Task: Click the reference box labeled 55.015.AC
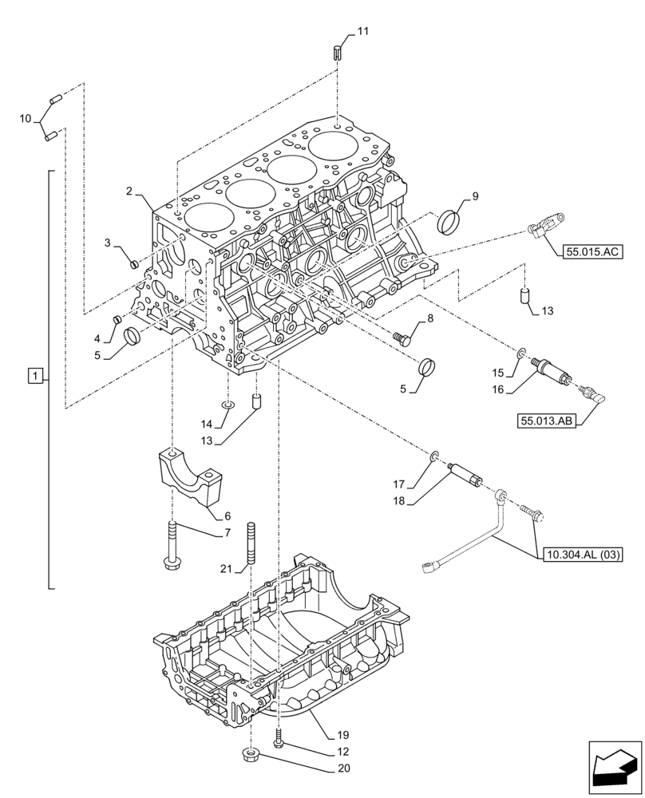tap(592, 252)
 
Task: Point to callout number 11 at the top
tap(362, 32)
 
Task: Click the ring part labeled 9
tap(453, 221)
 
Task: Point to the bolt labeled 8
tap(404, 338)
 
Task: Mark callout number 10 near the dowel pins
tap(26, 119)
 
